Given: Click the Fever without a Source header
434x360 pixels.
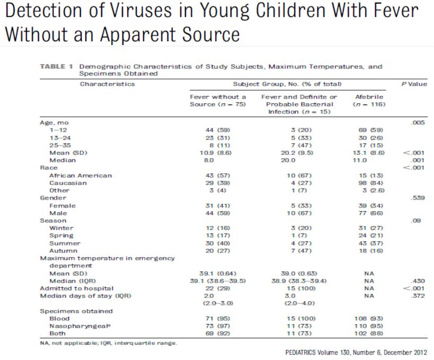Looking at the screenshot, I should click(x=218, y=101).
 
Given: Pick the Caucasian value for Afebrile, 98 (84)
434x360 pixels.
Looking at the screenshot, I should click(x=369, y=183).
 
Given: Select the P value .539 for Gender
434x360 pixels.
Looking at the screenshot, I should click(x=418, y=198).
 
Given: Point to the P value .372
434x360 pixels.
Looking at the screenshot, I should click(x=418, y=295).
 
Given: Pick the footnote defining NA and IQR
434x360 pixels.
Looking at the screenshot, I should click(x=110, y=343).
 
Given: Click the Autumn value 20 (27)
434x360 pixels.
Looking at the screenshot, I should click(x=218, y=250).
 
